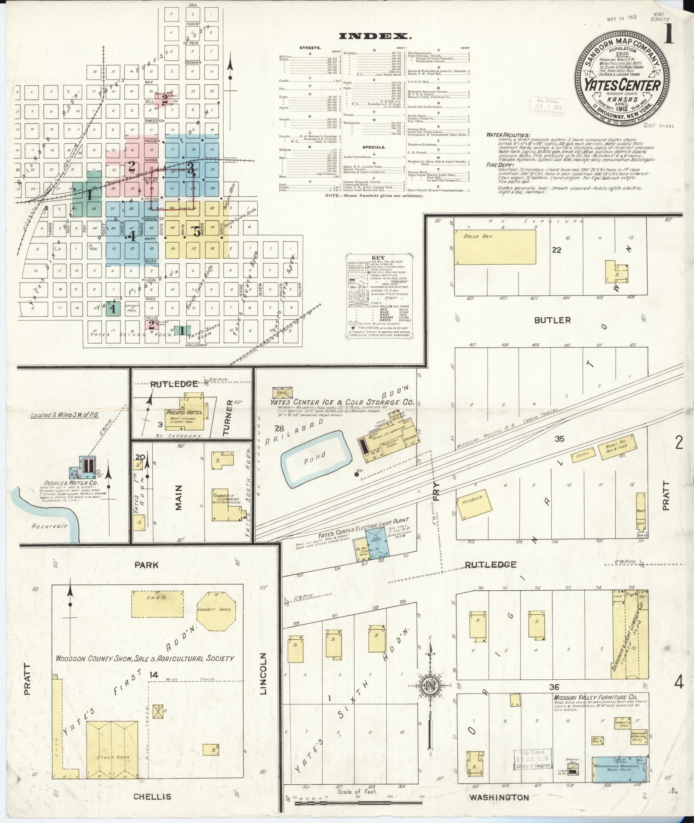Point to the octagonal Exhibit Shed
pos(216,610)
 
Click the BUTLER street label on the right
pos(552,320)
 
